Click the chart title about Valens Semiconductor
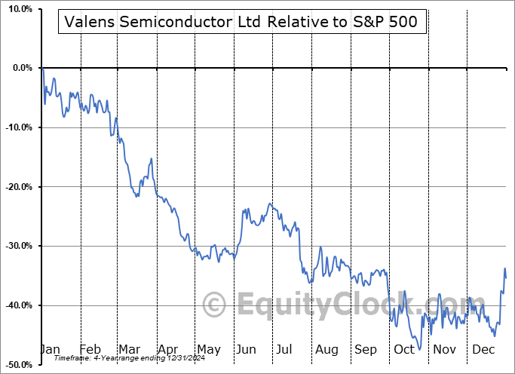(x=242, y=23)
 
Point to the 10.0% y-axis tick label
(x=17, y=9)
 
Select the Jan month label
(x=49, y=350)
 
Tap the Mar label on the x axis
(x=130, y=350)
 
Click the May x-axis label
(x=208, y=350)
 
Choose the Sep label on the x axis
(x=366, y=350)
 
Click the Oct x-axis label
(x=405, y=350)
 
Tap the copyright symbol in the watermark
(x=216, y=305)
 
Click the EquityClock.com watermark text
(x=325, y=305)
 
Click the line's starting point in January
(x=43, y=69)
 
